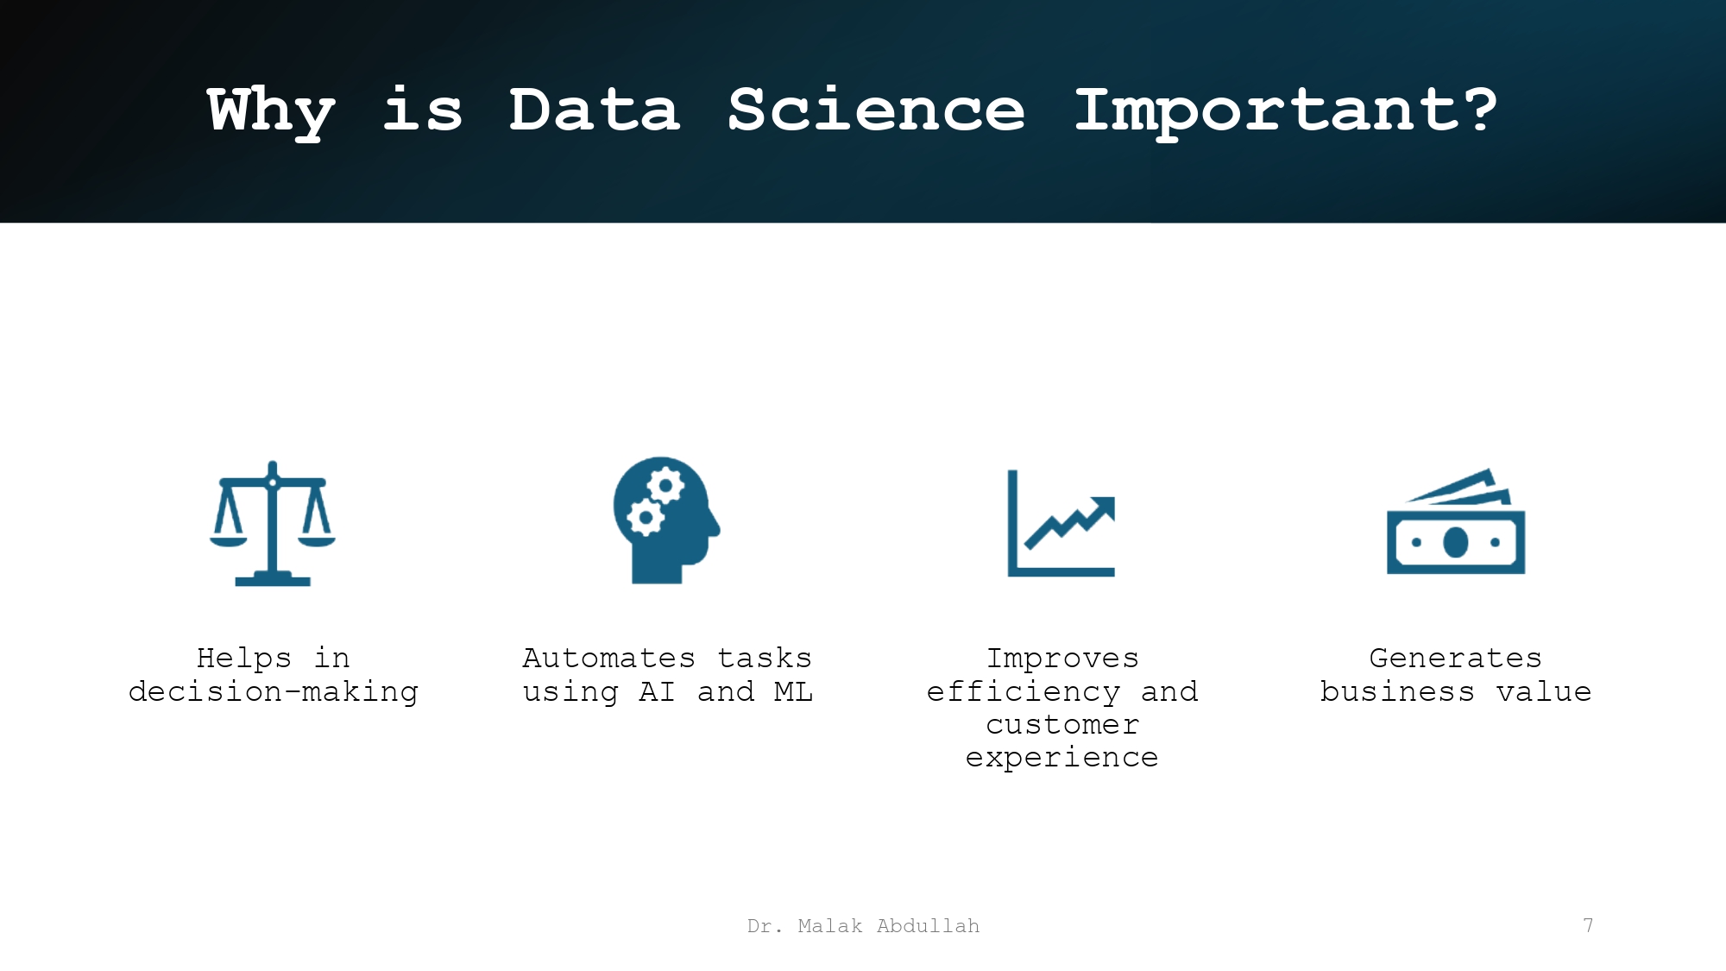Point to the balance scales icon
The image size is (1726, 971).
pos(273,523)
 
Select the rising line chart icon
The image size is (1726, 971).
pos(1061,523)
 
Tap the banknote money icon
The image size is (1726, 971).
pos(1456,523)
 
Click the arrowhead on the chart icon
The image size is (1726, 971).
pos(1104,507)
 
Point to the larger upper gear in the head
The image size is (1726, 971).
pos(665,485)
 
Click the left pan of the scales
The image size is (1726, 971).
pos(229,541)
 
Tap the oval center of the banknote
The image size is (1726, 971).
pos(1456,542)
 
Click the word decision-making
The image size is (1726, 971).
pos(274,691)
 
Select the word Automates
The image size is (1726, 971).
pos(608,659)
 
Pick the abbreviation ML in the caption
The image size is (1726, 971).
pos(793,691)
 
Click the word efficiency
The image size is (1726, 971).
pos(1023,691)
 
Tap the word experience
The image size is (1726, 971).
pos(1061,757)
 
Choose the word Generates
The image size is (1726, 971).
pos(1455,659)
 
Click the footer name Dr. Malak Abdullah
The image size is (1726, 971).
pos(863,926)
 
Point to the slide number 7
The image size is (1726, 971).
pos(1588,925)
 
